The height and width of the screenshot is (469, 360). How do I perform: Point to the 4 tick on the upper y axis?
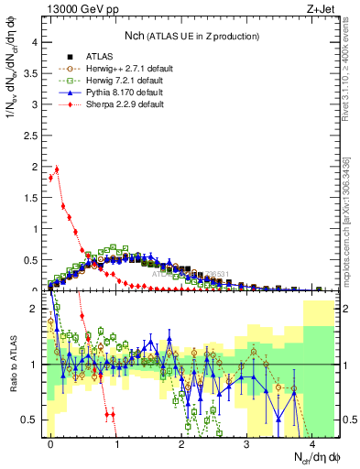click(34, 42)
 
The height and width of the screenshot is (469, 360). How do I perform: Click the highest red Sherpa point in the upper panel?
click(58, 169)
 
